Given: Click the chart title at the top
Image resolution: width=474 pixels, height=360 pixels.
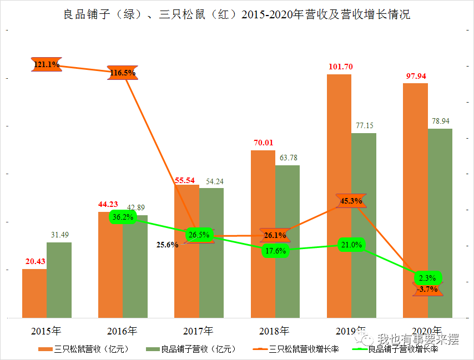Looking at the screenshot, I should pyautogui.click(x=237, y=14).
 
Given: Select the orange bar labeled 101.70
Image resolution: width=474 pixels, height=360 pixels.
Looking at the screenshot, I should pyautogui.click(x=339, y=194).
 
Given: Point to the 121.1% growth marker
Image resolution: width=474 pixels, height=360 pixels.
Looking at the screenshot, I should pyautogui.click(x=46, y=65).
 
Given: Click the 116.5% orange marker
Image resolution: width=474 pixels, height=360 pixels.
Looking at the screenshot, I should pyautogui.click(x=123, y=73).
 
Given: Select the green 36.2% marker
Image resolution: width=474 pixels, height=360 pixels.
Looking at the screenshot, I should pyautogui.click(x=123, y=217).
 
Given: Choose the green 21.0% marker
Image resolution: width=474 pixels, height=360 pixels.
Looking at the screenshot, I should pyautogui.click(x=352, y=245).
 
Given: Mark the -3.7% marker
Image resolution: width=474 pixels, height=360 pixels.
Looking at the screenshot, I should pyautogui.click(x=428, y=289).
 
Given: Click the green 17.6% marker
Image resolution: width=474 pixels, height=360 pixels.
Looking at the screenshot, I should pyautogui.click(x=275, y=251).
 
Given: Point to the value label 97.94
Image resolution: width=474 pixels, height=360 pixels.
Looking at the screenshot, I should pyautogui.click(x=416, y=76).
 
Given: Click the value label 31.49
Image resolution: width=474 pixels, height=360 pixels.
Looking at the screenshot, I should pyautogui.click(x=59, y=235).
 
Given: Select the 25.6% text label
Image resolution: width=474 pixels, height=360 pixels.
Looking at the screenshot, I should pyautogui.click(x=168, y=245).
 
